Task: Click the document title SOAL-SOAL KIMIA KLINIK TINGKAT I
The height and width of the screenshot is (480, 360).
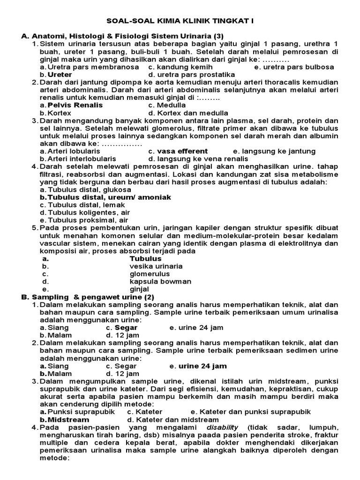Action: [180, 21]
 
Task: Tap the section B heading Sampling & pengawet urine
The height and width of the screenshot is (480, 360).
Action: [92, 297]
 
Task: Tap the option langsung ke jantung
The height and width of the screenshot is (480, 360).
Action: [274, 151]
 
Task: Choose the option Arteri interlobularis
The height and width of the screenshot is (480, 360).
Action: [78, 159]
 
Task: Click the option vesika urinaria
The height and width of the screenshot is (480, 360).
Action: [156, 266]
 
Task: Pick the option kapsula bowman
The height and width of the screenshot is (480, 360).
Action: [160, 282]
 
